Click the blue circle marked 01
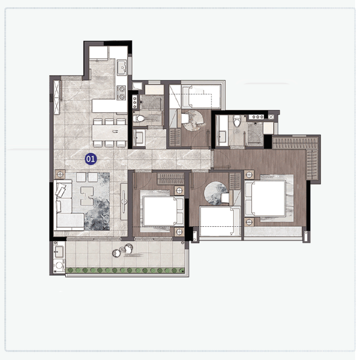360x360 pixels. [90, 159]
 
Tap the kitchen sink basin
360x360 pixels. [122, 68]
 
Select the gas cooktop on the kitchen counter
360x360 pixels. [121, 92]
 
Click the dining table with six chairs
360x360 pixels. [110, 133]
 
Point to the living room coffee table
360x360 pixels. [87, 196]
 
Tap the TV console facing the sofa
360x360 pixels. [124, 201]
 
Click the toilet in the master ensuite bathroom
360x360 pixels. [237, 121]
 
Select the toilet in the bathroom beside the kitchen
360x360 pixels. [139, 119]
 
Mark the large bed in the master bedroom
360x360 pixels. [266, 198]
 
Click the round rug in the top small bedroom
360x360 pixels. [192, 120]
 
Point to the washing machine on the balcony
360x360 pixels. [59, 266]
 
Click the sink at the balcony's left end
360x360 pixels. [59, 251]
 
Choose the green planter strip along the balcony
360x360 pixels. [126, 270]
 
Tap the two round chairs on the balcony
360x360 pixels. [123, 251]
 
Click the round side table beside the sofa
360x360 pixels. [60, 175]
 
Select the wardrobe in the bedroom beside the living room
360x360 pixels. [171, 179]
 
